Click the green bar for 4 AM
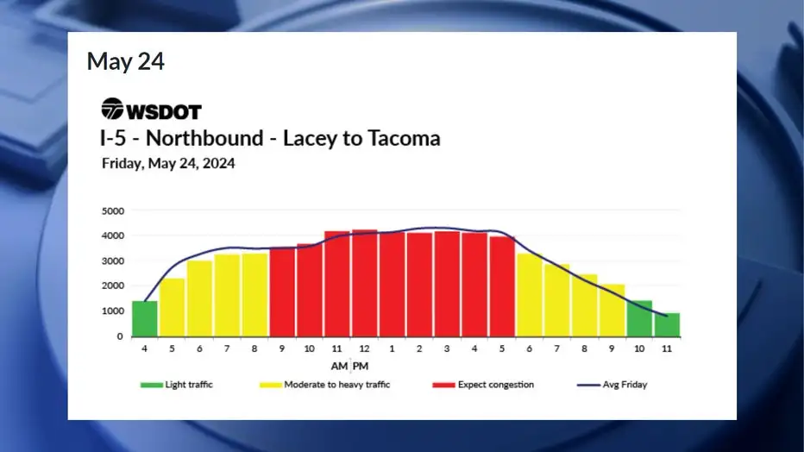(145, 319)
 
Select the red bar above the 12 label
(364, 283)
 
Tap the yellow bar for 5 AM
(172, 307)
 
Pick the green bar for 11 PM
(667, 325)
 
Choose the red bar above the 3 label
(447, 284)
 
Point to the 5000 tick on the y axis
(113, 210)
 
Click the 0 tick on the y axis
(120, 336)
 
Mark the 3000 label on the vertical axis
(113, 261)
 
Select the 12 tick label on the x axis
(364, 348)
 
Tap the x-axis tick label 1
(392, 348)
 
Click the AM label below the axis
(339, 366)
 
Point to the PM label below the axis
(361, 366)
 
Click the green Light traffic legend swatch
(152, 385)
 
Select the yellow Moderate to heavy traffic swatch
(271, 385)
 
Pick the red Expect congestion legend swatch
(444, 385)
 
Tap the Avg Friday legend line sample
(588, 385)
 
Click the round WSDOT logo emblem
(112, 109)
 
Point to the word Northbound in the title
(204, 138)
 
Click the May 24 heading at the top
(126, 61)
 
